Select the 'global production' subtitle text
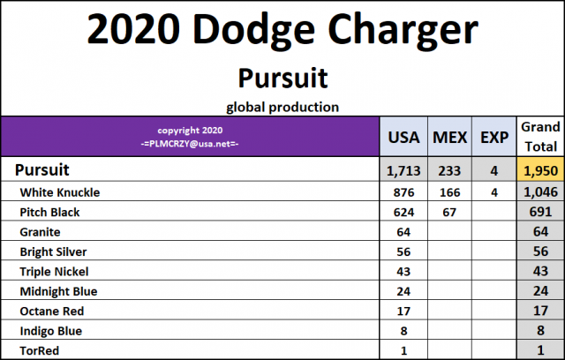(282, 108)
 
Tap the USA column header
(404, 138)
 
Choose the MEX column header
(450, 138)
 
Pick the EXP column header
(493, 138)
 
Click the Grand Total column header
(540, 137)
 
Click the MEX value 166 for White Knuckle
(450, 192)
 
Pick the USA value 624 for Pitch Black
(404, 213)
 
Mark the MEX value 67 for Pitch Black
(450, 213)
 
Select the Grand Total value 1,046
(540, 192)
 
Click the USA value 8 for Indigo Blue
(404, 331)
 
